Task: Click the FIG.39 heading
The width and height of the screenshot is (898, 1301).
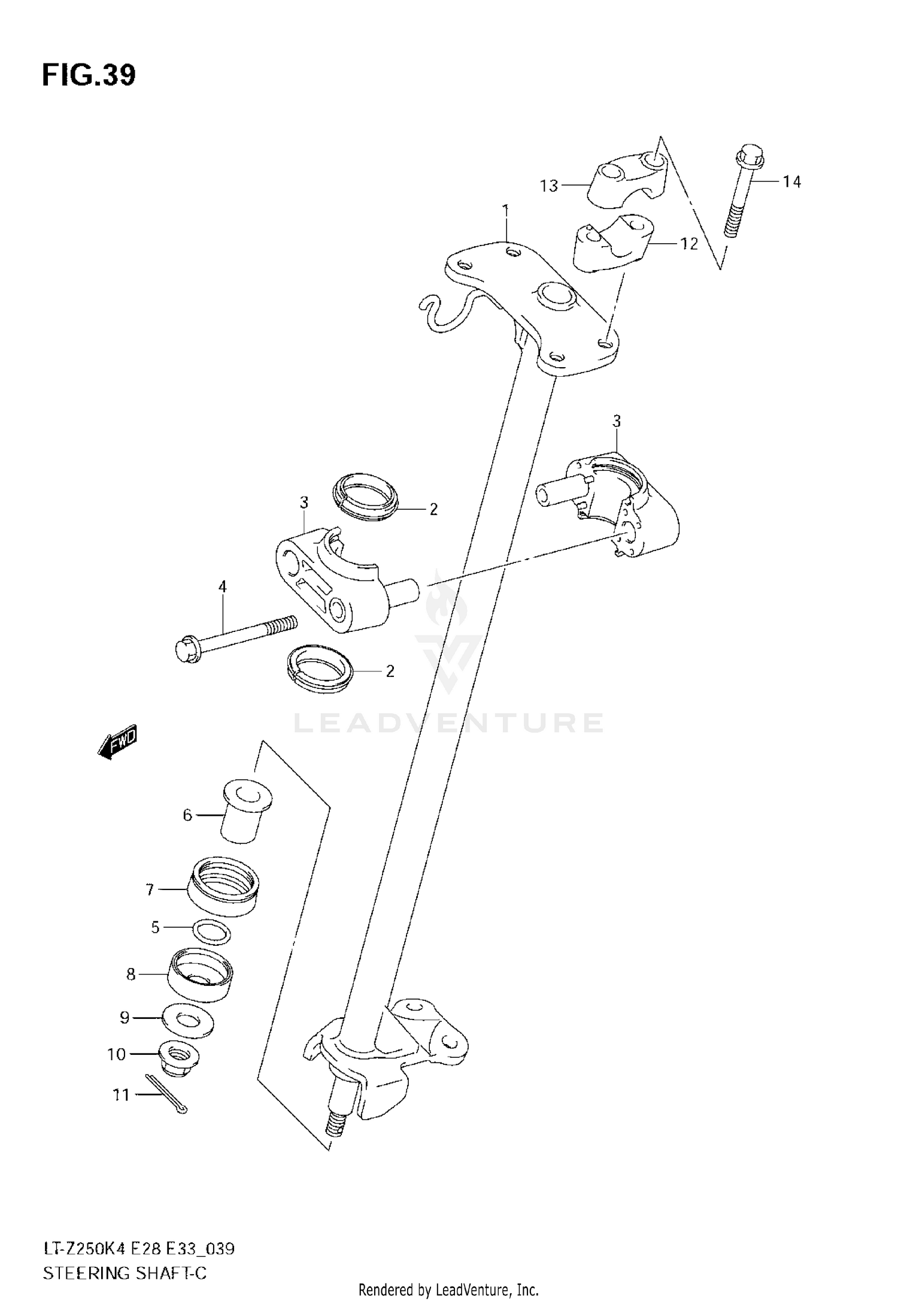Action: [x=89, y=75]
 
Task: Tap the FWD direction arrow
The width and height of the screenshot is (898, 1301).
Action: [x=118, y=744]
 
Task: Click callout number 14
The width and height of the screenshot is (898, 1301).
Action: [x=791, y=181]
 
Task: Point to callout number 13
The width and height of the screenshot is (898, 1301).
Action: [x=548, y=186]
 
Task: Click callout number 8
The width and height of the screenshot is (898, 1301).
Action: [x=131, y=975]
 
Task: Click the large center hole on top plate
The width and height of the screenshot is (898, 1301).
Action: [x=556, y=295]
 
